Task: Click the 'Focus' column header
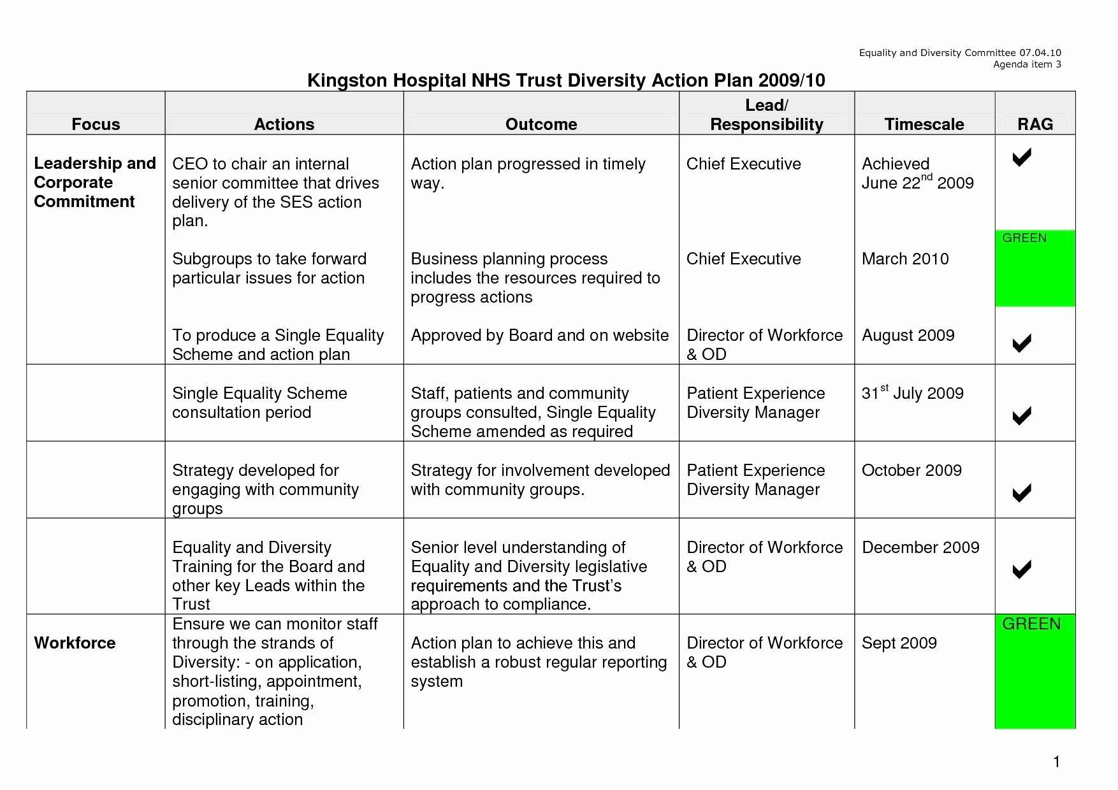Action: pyautogui.click(x=96, y=124)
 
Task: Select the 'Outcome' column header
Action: pyautogui.click(x=541, y=124)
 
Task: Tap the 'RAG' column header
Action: pyautogui.click(x=1035, y=124)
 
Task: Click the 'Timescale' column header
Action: pyautogui.click(x=924, y=124)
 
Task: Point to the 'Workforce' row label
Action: pyautogui.click(x=75, y=643)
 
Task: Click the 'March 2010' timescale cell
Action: pyautogui.click(x=905, y=259)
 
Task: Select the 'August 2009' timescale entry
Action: pyautogui.click(x=908, y=335)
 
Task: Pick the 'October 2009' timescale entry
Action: pyautogui.click(x=911, y=470)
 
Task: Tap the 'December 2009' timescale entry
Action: pyautogui.click(x=920, y=547)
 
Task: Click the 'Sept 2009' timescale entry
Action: pyautogui.click(x=899, y=643)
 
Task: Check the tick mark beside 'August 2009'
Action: pyautogui.click(x=1022, y=343)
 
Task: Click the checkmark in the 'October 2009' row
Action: pyautogui.click(x=1022, y=492)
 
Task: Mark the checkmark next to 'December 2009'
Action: pyautogui.click(x=1022, y=569)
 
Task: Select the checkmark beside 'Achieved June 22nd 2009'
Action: pyautogui.click(x=1022, y=157)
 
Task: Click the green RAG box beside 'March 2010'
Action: pyautogui.click(x=1035, y=268)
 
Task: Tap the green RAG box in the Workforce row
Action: pyautogui.click(x=1035, y=671)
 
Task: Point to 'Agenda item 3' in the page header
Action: pyautogui.click(x=1027, y=64)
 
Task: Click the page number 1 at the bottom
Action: pyautogui.click(x=1056, y=761)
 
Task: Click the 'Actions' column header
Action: pyautogui.click(x=284, y=124)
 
